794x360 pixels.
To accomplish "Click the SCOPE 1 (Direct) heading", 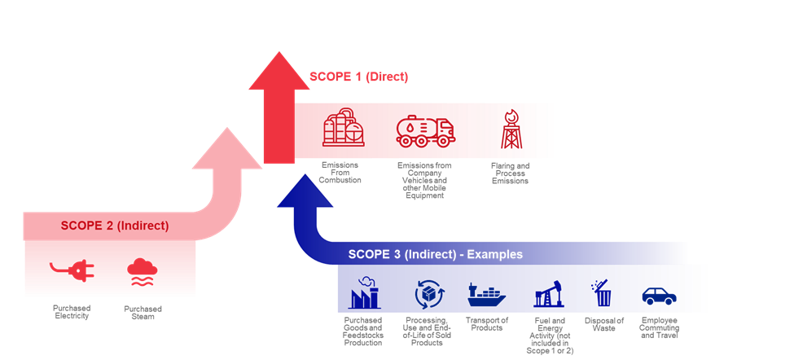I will [358, 77].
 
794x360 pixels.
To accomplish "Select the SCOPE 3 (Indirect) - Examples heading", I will [435, 254].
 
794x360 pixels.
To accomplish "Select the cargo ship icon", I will [487, 293].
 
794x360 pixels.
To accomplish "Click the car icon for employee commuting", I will [658, 296].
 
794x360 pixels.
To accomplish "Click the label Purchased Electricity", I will [72, 312].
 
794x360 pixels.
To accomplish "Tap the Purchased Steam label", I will [143, 312].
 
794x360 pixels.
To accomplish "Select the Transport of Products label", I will [487, 324].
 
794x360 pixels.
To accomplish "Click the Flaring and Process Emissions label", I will [510, 173].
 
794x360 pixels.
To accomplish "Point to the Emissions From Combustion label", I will [340, 173].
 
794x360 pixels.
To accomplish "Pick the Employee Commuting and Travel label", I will [658, 327].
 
